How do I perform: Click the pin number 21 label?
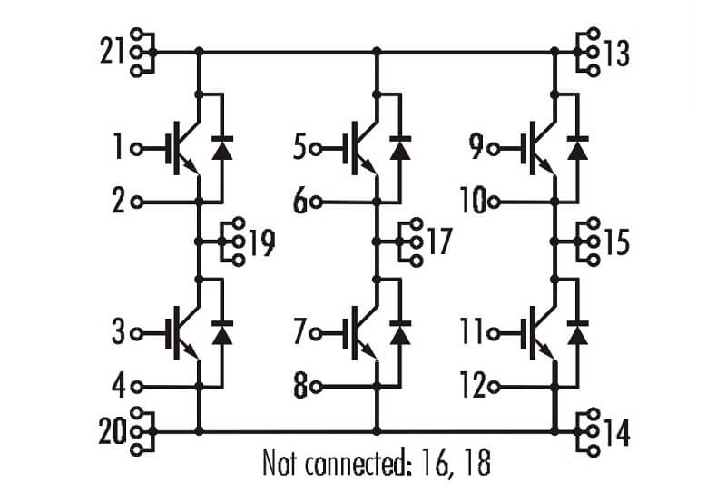pyautogui.click(x=113, y=52)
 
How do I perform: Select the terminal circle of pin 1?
pyautogui.click(x=137, y=149)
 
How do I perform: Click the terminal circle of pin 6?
pyautogui.click(x=316, y=202)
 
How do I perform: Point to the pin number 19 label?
pyautogui.click(x=261, y=242)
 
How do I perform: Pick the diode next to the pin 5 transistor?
pyautogui.click(x=400, y=148)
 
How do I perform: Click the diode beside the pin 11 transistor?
pyautogui.click(x=577, y=332)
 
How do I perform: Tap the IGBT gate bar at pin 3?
pyautogui.click(x=176, y=332)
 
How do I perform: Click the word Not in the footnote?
pyautogui.click(x=280, y=462)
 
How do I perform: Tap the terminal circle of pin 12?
pyautogui.click(x=494, y=387)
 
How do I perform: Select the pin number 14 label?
pyautogui.click(x=615, y=433)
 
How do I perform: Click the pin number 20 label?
pyautogui.click(x=113, y=431)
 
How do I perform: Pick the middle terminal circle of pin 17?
pyautogui.click(x=417, y=242)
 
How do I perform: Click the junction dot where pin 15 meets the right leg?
pyautogui.click(x=554, y=242)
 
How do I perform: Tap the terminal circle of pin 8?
pyautogui.click(x=316, y=387)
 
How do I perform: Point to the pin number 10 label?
pyautogui.click(x=473, y=201)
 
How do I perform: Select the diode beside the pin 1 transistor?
pyautogui.click(x=222, y=148)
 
